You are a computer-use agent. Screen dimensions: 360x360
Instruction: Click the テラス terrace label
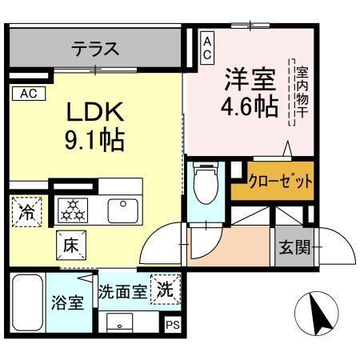[x=95, y=49]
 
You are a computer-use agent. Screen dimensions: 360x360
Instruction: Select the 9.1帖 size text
[x=94, y=141]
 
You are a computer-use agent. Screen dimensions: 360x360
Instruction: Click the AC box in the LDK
[x=29, y=94]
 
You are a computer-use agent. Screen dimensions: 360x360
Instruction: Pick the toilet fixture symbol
[x=206, y=183]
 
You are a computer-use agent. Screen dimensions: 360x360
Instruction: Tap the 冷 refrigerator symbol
[x=26, y=212]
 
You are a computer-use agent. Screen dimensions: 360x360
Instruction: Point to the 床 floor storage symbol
[x=69, y=244]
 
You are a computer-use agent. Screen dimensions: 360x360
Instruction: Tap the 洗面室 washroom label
[x=122, y=291]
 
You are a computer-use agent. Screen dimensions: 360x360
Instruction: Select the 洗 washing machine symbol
[x=165, y=288]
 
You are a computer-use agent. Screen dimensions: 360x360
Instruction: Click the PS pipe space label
[x=172, y=325]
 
